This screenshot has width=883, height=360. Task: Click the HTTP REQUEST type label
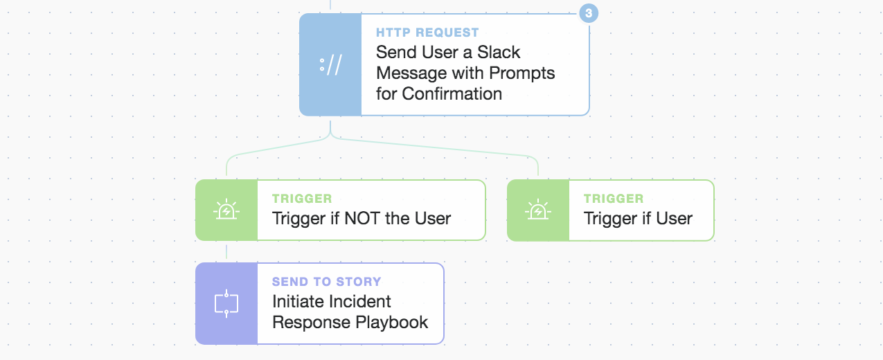pyautogui.click(x=427, y=33)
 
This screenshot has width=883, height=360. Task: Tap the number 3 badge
pyautogui.click(x=589, y=13)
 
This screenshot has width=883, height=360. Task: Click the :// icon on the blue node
pyautogui.click(x=330, y=64)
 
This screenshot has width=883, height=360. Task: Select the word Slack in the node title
pyautogui.click(x=499, y=52)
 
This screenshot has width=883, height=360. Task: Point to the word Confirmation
pyautogui.click(x=452, y=93)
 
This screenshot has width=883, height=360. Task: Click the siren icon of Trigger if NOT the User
pyautogui.click(x=226, y=210)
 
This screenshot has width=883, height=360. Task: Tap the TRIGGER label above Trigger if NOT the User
pyautogui.click(x=302, y=199)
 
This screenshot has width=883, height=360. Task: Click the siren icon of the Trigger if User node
pyautogui.click(x=537, y=210)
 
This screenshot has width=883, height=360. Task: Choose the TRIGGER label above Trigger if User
pyautogui.click(x=614, y=199)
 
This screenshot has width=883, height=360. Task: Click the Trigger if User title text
pyautogui.click(x=638, y=219)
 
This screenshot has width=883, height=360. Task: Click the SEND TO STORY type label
pyautogui.click(x=326, y=282)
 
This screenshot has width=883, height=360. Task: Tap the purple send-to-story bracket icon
pyautogui.click(x=226, y=304)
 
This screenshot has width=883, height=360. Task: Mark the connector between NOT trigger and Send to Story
pyautogui.click(x=226, y=251)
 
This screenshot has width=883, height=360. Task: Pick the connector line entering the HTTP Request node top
pyautogui.click(x=330, y=4)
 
